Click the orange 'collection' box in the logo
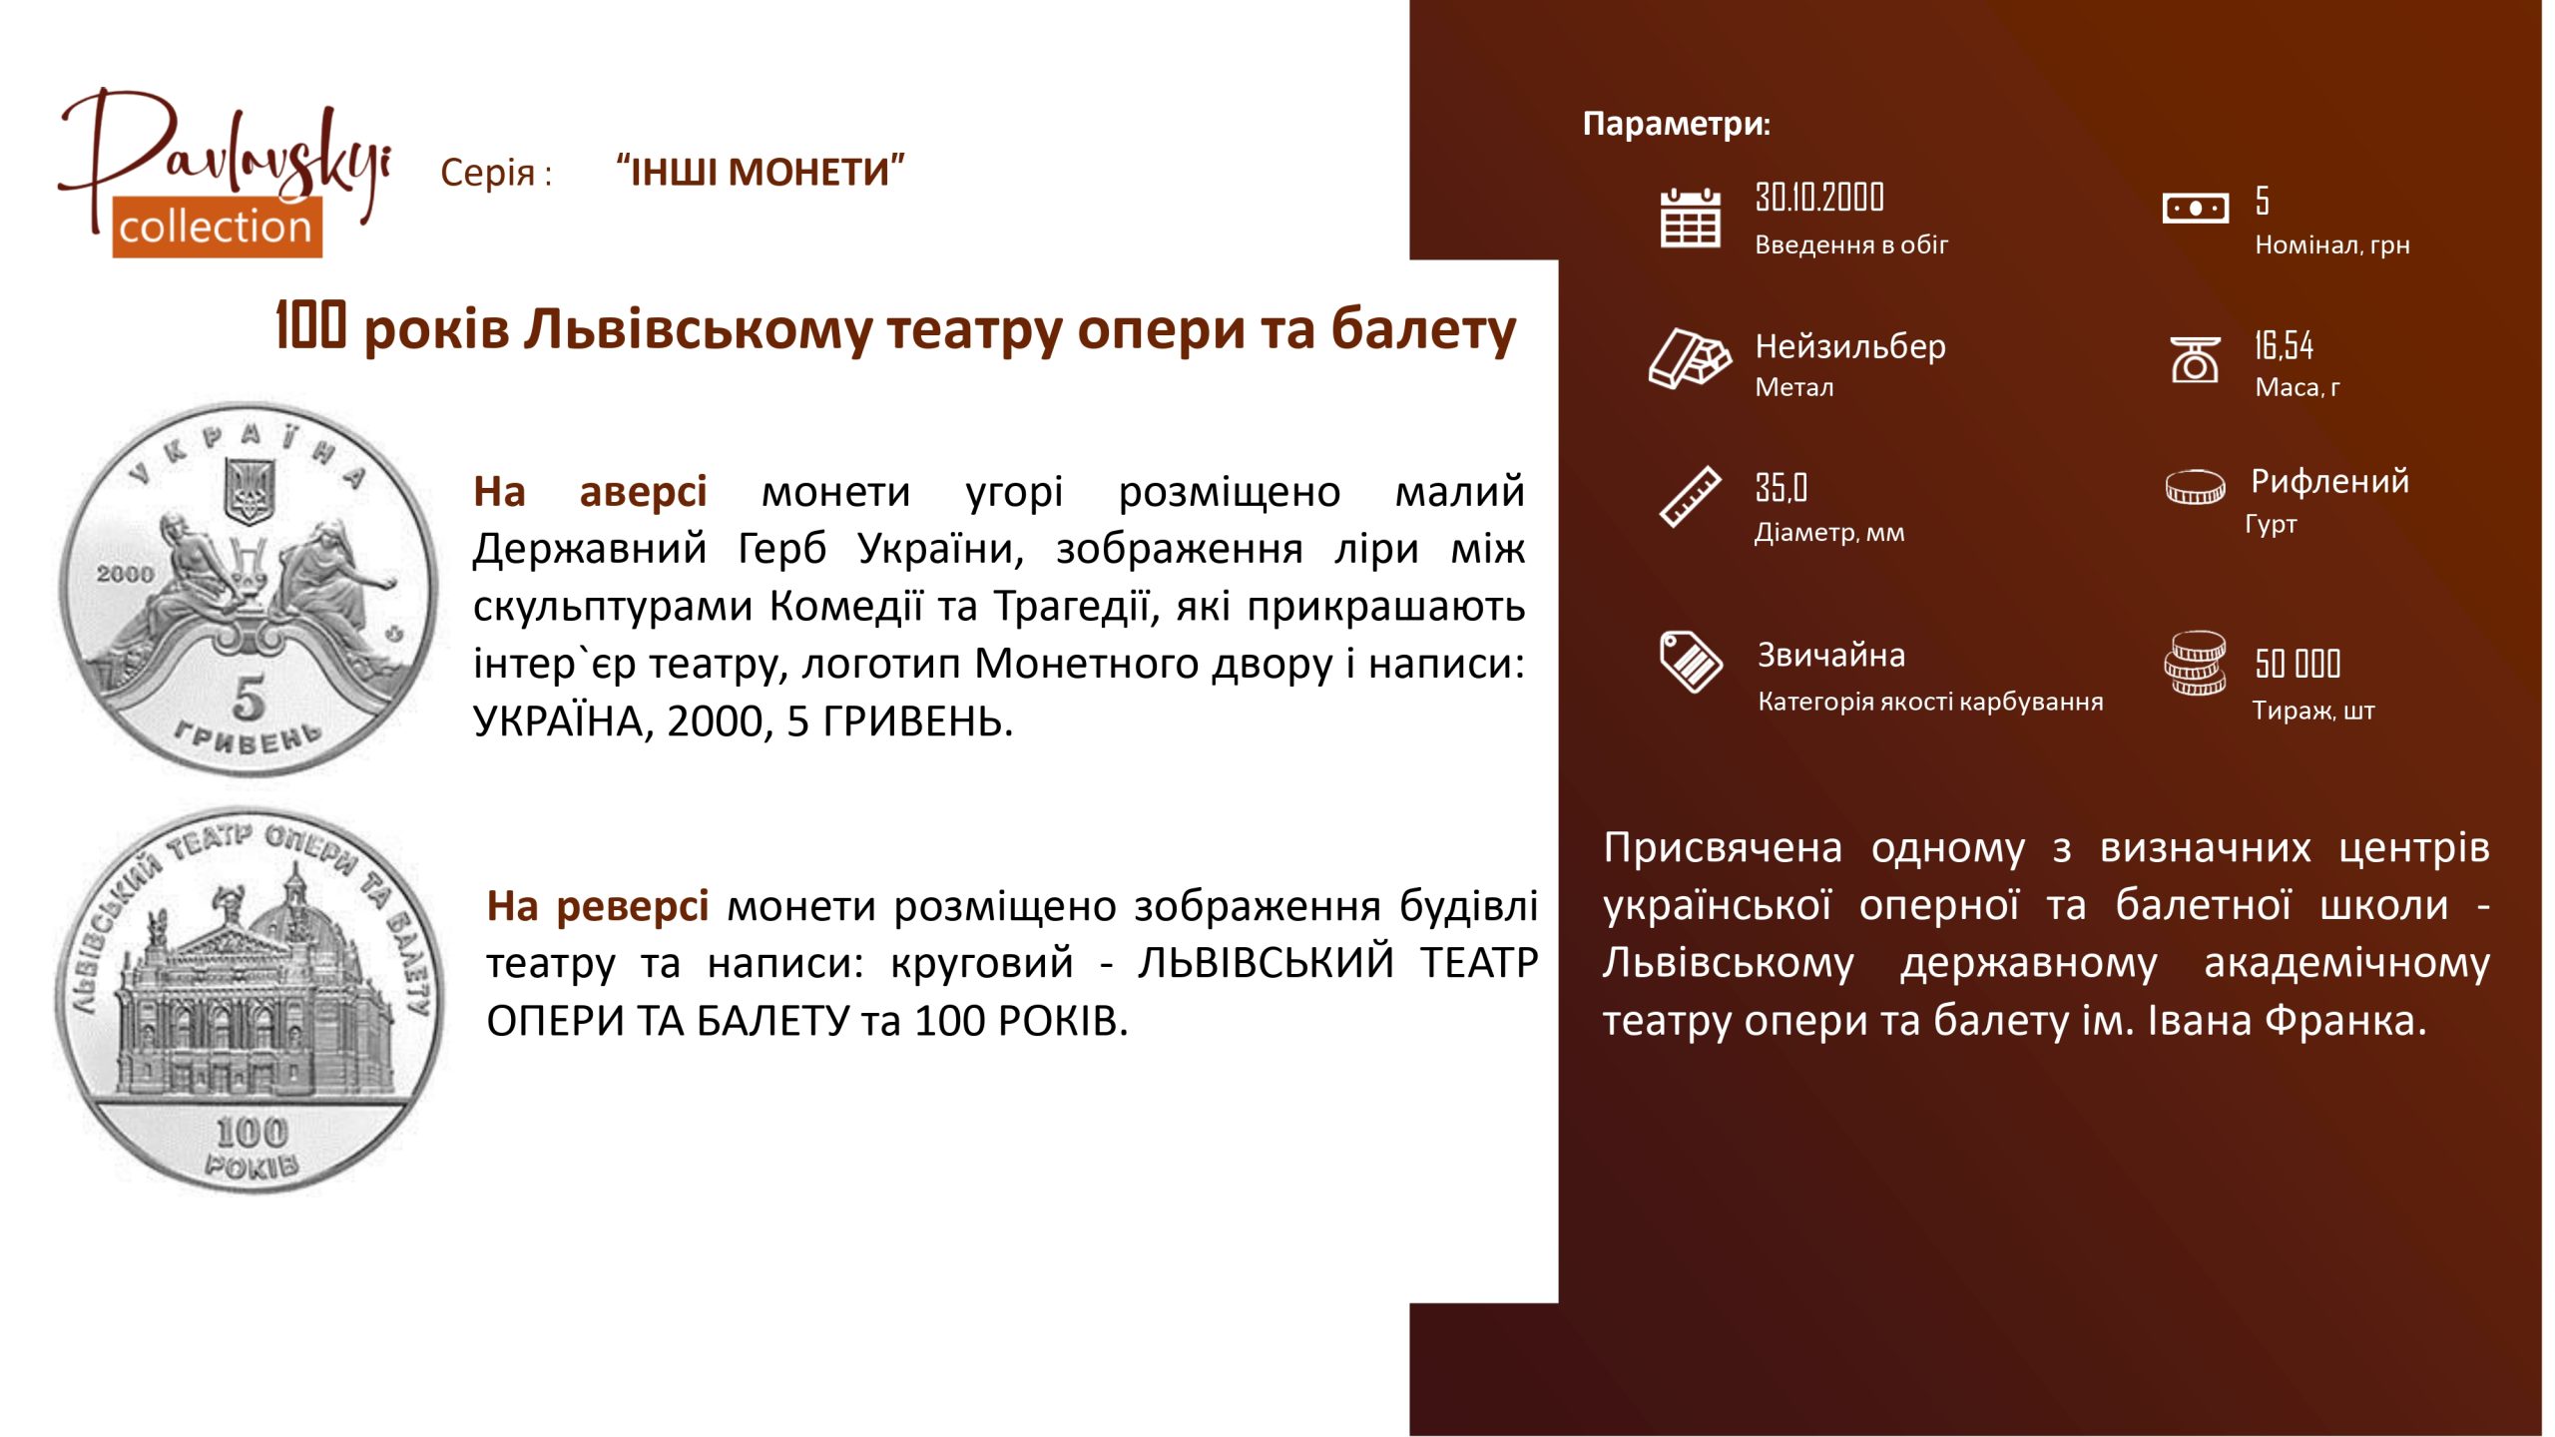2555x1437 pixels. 217,228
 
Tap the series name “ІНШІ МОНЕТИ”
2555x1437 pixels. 761,172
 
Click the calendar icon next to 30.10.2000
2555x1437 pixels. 1690,218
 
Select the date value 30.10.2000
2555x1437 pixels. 1819,198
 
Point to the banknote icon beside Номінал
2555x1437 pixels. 2195,209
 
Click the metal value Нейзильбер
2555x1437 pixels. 1850,346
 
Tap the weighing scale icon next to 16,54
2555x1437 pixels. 2195,359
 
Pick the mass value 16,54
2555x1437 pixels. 2284,345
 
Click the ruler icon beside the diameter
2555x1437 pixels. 1690,496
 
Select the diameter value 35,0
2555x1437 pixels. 1781,488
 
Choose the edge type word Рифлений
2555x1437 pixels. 2329,481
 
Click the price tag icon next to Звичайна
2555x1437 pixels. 1690,661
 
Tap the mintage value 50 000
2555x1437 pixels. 2298,664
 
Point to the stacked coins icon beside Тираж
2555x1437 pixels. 2195,663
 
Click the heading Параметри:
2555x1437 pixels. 1677,124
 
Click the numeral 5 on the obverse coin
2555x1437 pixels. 249,698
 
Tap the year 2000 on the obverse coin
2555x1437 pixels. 125,574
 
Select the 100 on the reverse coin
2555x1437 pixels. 252,1132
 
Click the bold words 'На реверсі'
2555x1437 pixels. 597,905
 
